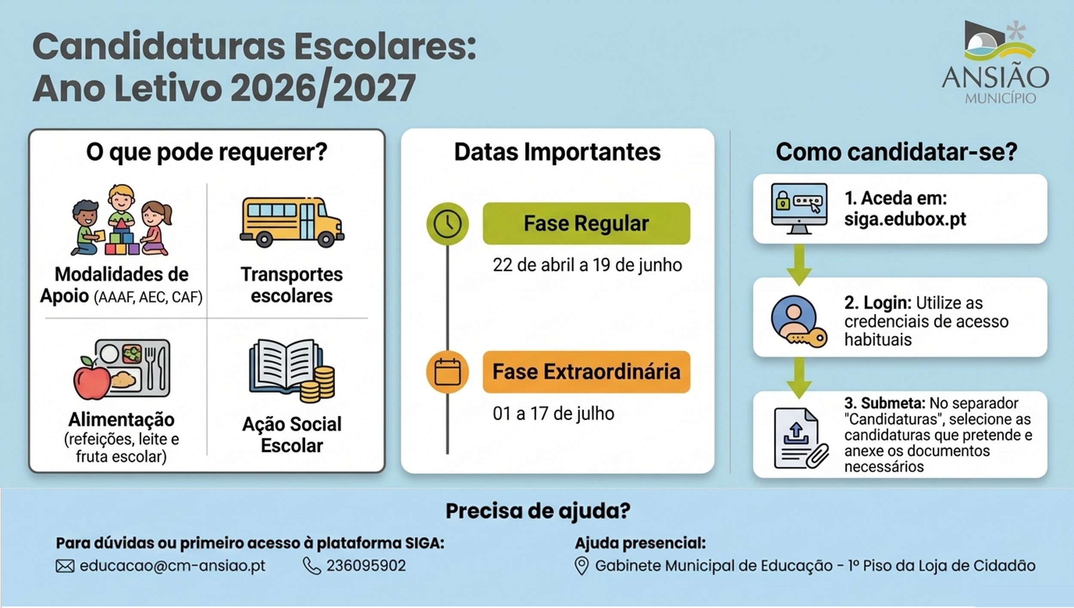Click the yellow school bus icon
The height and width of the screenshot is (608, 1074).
tap(292, 222)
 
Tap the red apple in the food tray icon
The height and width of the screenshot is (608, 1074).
tap(92, 378)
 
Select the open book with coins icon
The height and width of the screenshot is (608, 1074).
tap(292, 371)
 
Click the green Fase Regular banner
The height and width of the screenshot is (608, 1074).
tap(586, 223)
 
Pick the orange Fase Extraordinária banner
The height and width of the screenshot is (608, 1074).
tap(586, 372)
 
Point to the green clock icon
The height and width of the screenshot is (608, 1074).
tap(447, 224)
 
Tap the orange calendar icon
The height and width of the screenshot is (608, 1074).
tap(447, 372)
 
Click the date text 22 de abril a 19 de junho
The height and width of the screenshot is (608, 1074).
tap(587, 265)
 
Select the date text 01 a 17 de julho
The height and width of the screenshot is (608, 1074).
tap(553, 413)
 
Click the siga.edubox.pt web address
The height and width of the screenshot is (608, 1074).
tap(905, 219)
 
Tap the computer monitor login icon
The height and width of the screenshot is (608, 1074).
tap(799, 208)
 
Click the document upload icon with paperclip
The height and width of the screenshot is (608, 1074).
tap(801, 438)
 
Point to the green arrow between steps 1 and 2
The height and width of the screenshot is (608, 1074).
tap(799, 264)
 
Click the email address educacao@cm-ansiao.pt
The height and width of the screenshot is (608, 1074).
tap(173, 566)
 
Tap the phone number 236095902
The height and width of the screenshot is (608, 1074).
tap(366, 565)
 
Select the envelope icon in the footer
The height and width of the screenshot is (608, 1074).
tap(65, 566)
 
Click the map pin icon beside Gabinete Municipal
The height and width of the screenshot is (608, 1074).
tap(581, 566)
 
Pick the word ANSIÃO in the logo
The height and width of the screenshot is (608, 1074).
tap(995, 77)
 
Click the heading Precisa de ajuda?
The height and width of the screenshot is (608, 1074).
tap(538, 511)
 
